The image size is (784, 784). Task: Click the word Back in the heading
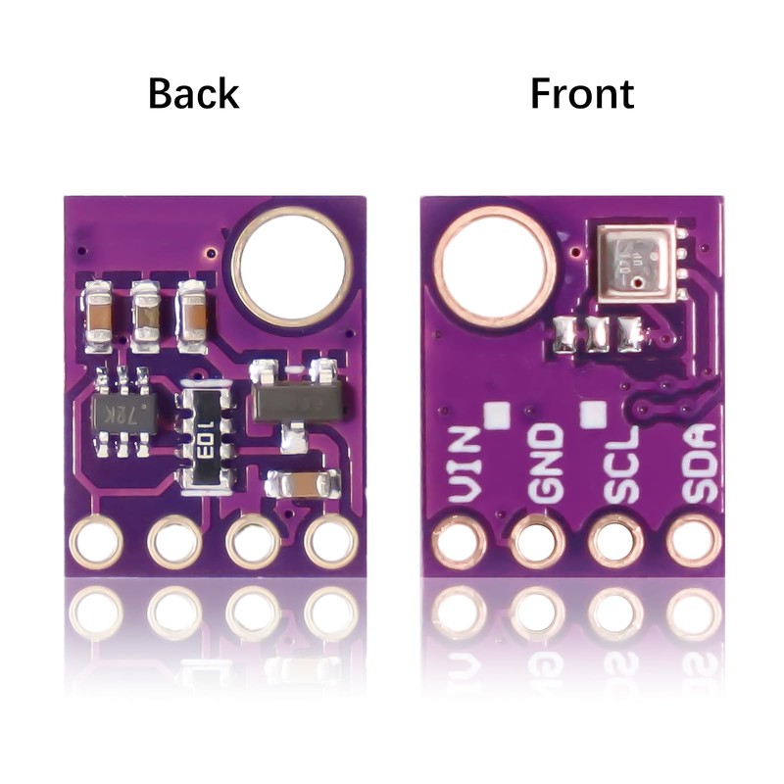(x=193, y=94)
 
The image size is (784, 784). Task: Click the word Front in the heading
(x=581, y=94)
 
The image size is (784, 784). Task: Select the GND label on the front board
(x=545, y=465)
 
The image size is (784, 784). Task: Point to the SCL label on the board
(x=620, y=465)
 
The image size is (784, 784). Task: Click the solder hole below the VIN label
(x=459, y=541)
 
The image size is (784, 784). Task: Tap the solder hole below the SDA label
(x=694, y=541)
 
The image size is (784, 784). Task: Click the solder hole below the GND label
(x=538, y=541)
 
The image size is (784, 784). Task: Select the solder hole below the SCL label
(x=616, y=541)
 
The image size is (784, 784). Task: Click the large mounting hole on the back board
(x=292, y=267)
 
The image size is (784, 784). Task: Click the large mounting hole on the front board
(x=495, y=267)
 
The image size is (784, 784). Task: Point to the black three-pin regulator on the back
(x=295, y=402)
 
